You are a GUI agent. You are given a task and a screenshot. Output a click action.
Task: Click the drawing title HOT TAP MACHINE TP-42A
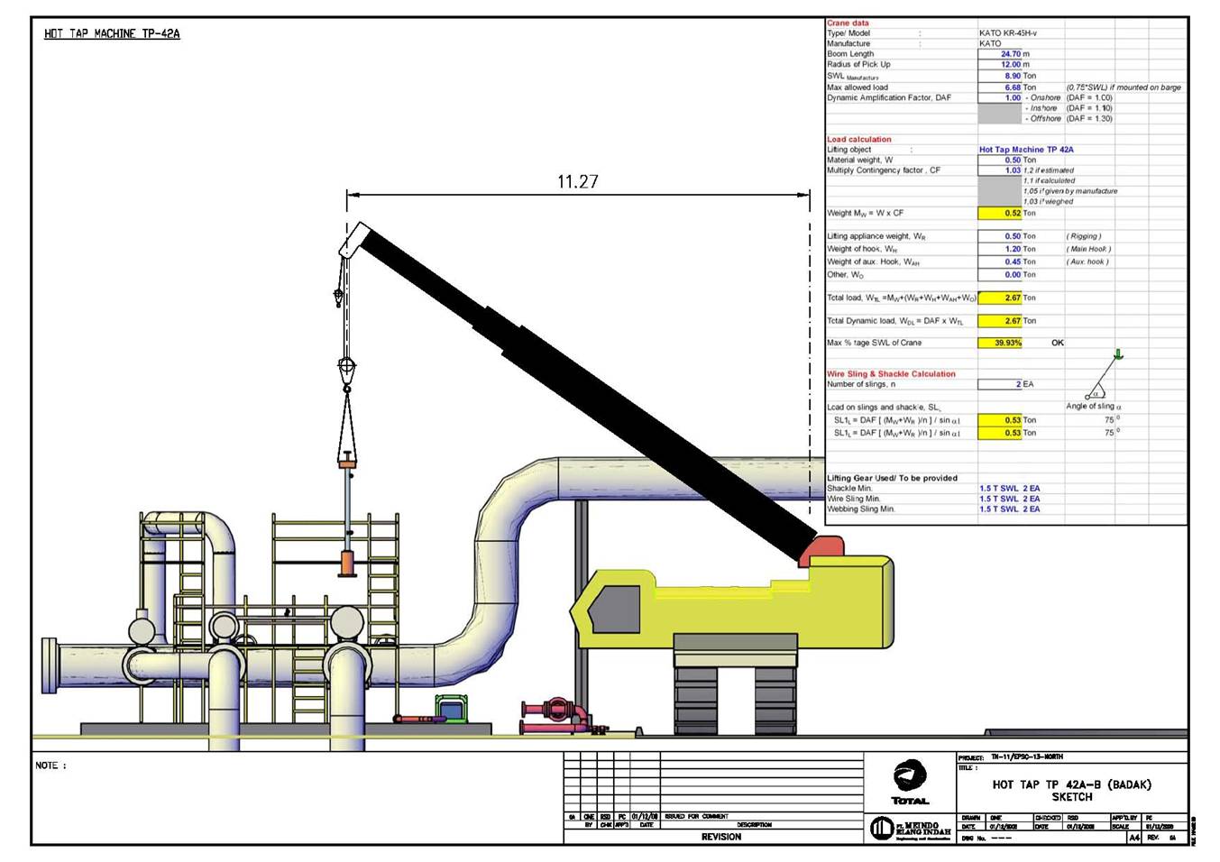coord(112,34)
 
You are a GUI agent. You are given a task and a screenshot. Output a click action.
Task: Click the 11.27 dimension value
coord(577,182)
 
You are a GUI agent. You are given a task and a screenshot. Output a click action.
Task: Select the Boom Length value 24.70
coord(1010,54)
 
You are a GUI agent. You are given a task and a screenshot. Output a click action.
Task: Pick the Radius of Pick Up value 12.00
coord(1010,65)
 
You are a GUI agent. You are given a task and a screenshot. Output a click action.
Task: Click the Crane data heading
coord(848,23)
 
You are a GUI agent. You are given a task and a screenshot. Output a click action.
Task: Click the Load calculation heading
coord(858,140)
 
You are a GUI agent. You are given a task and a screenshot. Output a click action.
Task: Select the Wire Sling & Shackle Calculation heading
coord(891,374)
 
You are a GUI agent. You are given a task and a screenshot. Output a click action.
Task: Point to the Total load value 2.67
coord(1012,298)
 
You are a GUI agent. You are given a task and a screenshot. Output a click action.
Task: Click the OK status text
coord(1058,343)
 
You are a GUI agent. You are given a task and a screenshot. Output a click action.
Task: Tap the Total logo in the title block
coord(910,781)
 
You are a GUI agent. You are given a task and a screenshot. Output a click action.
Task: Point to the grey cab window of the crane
coord(616,606)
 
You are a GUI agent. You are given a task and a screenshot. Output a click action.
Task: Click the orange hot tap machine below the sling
coord(347,561)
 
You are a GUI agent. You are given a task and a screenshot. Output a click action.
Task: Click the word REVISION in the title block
coord(720,837)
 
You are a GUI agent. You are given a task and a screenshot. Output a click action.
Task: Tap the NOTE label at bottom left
coord(50,766)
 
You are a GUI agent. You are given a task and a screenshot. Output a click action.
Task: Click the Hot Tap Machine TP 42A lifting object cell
coord(1026,150)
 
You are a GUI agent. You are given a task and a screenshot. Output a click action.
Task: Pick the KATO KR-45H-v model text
coord(1007,33)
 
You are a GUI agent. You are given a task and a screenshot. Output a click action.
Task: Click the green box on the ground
coord(452,709)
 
